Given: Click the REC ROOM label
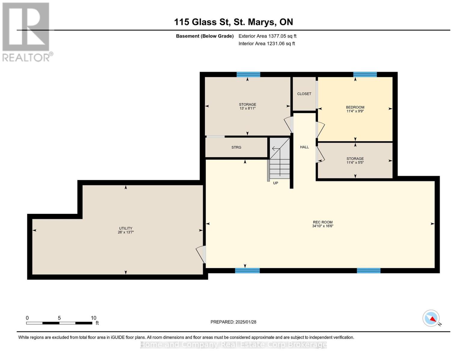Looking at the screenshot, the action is pos(323,222).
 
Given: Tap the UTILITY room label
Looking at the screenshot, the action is pos(126,228).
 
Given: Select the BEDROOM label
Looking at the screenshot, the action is pos(355,107).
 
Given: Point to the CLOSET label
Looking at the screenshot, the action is pos(304,94).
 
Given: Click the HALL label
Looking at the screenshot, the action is pos(304,147).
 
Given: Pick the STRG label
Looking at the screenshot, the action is pos(236,147).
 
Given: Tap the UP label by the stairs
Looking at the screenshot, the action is pos(275,183).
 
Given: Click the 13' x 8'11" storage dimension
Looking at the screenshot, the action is pos(247,108).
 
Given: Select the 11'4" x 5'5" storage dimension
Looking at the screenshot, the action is pos(355,162).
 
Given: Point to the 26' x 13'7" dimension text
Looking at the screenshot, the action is pos(126,232).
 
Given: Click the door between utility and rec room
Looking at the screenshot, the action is pos(201,255).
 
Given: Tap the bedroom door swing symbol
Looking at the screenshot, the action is pos(320,130).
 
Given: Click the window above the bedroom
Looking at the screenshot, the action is pos(365,74).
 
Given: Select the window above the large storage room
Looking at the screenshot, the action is pos(248,74).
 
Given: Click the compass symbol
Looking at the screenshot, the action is pos(431,318).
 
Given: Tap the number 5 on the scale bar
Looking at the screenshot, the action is pos(59,318).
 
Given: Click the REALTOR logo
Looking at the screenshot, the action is pos(27,32).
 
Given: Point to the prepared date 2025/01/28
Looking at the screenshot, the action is pos(246,322).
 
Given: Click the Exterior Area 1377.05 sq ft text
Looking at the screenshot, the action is pos(267,36).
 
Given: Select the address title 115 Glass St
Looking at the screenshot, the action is pos(201,22).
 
